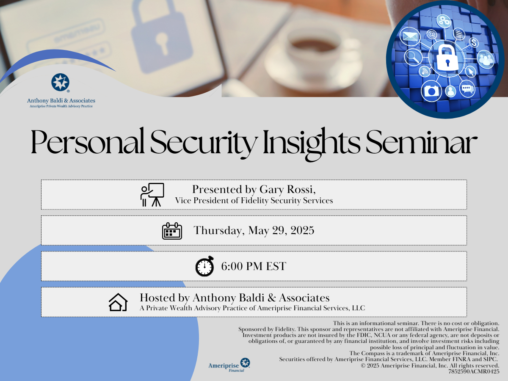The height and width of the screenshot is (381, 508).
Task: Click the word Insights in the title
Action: coord(311,144)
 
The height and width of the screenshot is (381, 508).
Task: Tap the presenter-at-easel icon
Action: coord(152,195)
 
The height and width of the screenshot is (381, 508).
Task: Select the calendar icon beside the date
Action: coord(172,231)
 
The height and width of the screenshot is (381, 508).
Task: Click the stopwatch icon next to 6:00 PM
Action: coord(204,266)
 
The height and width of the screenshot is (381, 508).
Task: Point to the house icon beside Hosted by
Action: coord(118,302)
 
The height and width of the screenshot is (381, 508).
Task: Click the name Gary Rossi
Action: coord(287,189)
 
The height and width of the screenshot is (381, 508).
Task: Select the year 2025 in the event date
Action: coord(302,230)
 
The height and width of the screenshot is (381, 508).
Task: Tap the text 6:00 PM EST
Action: coord(254,266)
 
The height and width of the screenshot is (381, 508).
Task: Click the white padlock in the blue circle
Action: coord(447,58)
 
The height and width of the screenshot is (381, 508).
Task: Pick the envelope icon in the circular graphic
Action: coord(410,36)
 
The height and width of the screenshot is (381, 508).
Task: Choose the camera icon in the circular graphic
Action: coord(431,91)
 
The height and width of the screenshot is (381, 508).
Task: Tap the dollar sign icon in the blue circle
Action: coord(474,42)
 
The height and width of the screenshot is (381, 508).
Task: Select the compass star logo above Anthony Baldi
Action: coord(60,82)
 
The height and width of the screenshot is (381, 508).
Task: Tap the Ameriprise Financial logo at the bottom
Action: coord(229,365)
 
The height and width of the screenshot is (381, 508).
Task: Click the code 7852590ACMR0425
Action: coord(474,372)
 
